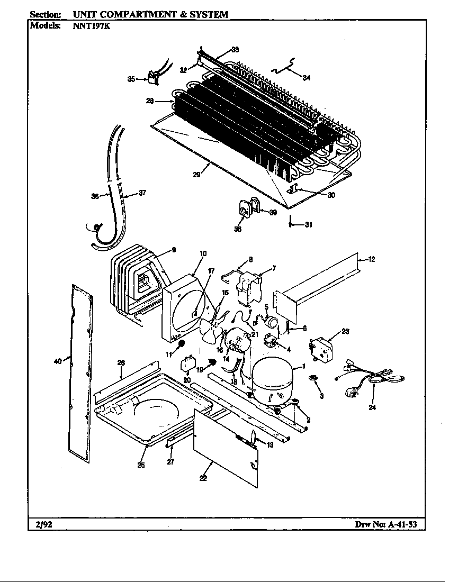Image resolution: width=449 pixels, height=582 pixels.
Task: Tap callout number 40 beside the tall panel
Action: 58,361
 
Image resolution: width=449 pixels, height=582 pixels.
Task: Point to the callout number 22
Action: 203,478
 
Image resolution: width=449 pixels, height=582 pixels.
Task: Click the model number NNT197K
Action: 87,25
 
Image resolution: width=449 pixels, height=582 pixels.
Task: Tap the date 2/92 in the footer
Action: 40,525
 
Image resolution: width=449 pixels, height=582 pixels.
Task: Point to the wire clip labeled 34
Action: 284,69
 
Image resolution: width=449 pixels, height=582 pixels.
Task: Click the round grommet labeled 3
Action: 313,378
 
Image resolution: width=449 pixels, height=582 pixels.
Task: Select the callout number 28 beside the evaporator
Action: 150,101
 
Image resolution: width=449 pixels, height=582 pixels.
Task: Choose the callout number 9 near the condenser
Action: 174,250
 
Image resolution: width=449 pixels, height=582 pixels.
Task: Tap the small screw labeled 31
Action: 291,222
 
